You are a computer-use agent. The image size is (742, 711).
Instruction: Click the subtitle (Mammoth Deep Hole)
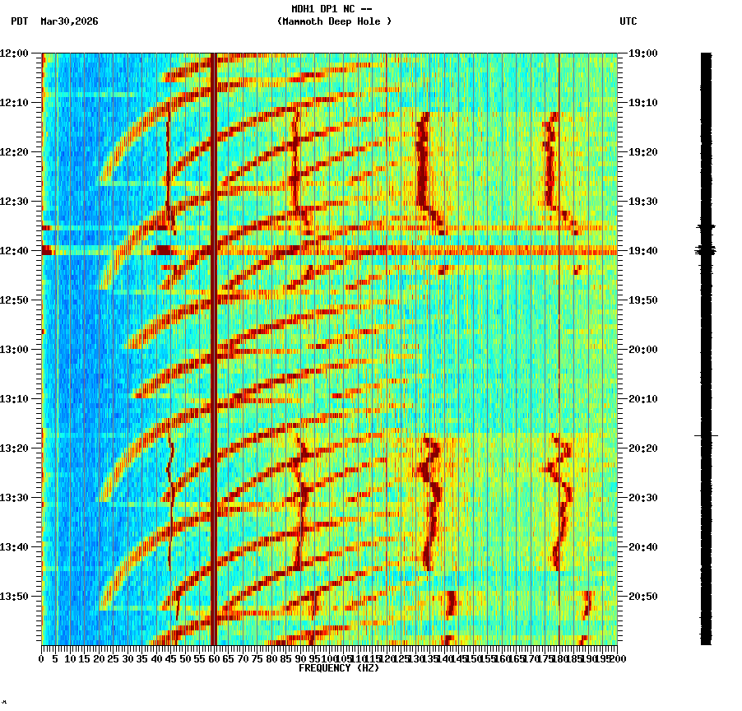tap(334, 21)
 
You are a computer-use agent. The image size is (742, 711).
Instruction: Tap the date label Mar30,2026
tap(69, 21)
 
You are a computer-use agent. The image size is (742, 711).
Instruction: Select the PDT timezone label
tap(19, 21)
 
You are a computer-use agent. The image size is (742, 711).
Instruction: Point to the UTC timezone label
tap(628, 21)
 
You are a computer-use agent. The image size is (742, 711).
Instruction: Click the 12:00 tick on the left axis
tap(15, 53)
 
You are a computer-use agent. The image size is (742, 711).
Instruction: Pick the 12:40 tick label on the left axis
tap(15, 251)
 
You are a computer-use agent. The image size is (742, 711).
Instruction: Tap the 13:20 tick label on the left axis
tap(15, 448)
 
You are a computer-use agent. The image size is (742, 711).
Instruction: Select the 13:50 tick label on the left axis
tap(15, 597)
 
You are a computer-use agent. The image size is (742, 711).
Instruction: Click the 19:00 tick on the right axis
tap(643, 53)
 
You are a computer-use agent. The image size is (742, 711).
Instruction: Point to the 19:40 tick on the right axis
tap(643, 251)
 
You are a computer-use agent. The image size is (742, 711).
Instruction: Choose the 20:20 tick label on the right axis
tap(643, 448)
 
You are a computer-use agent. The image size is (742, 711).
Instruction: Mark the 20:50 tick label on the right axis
tap(643, 597)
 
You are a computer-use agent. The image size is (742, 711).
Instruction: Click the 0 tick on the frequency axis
tap(42, 659)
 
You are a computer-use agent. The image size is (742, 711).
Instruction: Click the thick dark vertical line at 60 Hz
tap(214, 346)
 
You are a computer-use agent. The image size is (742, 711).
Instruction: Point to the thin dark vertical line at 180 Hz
tap(559, 346)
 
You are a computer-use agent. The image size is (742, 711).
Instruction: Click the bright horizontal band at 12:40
tap(329, 250)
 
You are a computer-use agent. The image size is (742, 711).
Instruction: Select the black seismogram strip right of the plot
tap(706, 346)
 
